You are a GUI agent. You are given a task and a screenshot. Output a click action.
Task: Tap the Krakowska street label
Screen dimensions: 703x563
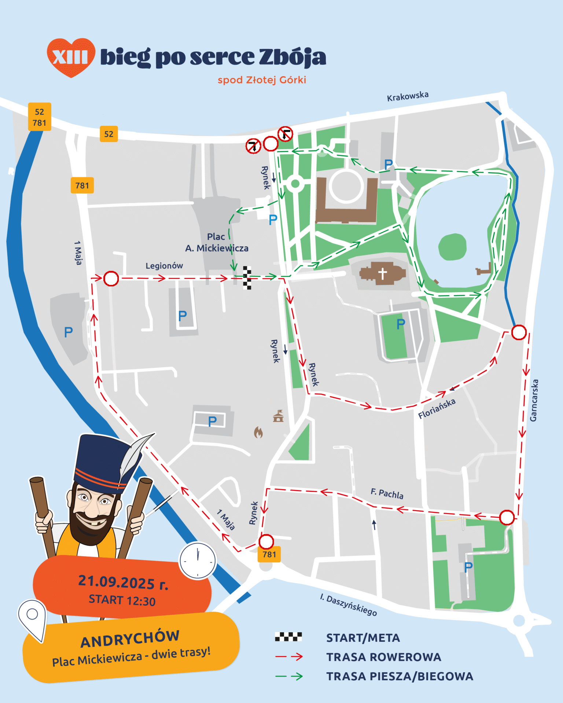click(x=408, y=97)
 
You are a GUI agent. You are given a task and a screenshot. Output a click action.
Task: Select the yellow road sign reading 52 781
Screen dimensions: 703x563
click(x=40, y=117)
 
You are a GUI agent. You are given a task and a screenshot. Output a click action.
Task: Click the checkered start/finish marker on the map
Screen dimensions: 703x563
click(x=247, y=278)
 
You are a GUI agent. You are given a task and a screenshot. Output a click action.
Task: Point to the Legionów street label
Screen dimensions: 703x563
click(x=164, y=266)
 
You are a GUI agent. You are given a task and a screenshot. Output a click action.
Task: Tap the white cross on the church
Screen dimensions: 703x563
click(x=382, y=273)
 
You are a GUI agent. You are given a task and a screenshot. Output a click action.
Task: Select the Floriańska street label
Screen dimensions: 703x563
click(x=437, y=408)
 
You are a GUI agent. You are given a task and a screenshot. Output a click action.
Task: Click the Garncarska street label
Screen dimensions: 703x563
click(x=534, y=400)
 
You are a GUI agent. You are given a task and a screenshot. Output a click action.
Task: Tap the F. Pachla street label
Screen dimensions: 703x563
click(x=387, y=494)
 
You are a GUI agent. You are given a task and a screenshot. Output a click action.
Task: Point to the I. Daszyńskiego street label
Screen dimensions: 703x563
click(x=349, y=605)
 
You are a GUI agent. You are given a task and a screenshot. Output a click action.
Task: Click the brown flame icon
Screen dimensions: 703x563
click(x=258, y=432)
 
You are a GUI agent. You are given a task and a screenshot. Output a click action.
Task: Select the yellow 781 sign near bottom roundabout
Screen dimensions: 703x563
click(x=269, y=554)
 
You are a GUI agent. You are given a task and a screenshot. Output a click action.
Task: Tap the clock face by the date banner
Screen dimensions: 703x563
click(x=198, y=561)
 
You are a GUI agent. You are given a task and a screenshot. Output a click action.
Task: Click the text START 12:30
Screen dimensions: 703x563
click(x=122, y=600)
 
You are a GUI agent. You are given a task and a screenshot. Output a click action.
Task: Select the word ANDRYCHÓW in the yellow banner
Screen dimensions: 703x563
click(x=130, y=639)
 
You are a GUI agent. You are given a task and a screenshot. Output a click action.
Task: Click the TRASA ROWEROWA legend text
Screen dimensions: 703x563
click(x=384, y=657)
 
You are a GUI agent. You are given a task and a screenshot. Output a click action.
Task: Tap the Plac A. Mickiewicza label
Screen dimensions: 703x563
click(x=217, y=242)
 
